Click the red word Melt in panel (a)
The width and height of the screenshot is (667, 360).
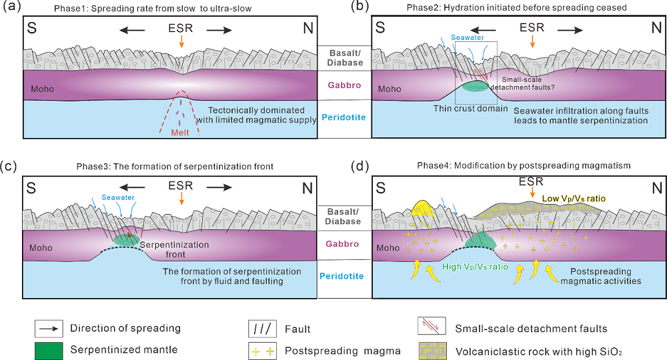(x=181, y=133)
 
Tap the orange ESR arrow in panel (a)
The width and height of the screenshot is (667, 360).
(x=181, y=41)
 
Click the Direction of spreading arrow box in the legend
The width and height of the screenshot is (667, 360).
(x=49, y=328)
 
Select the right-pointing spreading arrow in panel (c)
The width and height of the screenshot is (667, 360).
(x=219, y=187)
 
